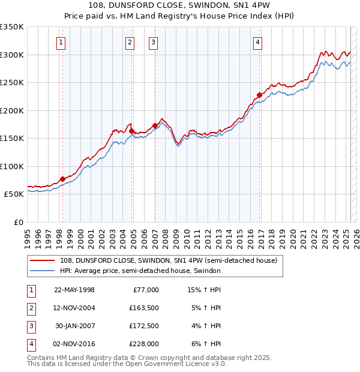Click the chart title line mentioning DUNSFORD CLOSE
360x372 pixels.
[x=180, y=6]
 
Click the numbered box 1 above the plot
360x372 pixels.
[x=62, y=42]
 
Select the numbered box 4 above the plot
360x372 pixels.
[x=257, y=42]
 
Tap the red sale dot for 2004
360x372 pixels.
[x=131, y=130]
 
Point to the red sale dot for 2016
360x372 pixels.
[x=259, y=94]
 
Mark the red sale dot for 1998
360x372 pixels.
[x=62, y=179]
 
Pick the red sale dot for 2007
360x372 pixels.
[x=155, y=125]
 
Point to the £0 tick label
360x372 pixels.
[x=18, y=222]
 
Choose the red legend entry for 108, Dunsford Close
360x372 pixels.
[x=168, y=261]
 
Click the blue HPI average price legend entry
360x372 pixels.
[x=140, y=271]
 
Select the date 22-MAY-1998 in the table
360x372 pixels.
[x=74, y=290]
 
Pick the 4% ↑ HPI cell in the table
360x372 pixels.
[x=207, y=326]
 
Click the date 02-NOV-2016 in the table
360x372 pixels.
[x=74, y=344]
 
